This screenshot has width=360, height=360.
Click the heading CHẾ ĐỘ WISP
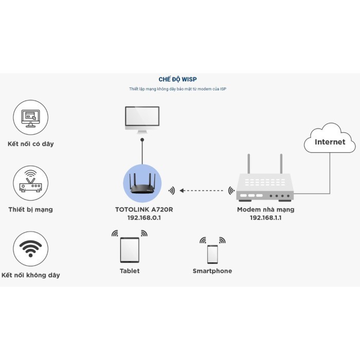coord(177,79)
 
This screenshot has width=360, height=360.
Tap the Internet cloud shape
coord(330,140)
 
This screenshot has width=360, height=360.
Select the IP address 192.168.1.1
coord(265,218)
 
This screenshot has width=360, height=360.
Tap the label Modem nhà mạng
coord(265,210)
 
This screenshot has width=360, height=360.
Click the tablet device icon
coord(130,250)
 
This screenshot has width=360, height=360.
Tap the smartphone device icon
coord(212,254)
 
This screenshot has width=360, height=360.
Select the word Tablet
coord(130,271)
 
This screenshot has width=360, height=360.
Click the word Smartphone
coord(212,271)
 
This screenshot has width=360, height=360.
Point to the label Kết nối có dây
coord(31,144)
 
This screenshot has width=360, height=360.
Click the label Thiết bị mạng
coord(31,209)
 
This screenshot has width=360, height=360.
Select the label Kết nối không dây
coord(31,275)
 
